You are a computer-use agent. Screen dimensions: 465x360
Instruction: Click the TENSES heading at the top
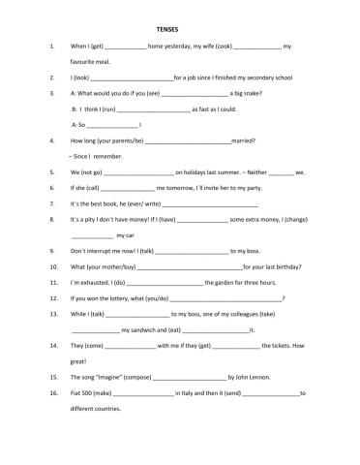[179, 29]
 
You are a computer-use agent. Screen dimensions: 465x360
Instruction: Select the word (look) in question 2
[80, 76]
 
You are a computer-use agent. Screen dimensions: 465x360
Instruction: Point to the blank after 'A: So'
[112, 126]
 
